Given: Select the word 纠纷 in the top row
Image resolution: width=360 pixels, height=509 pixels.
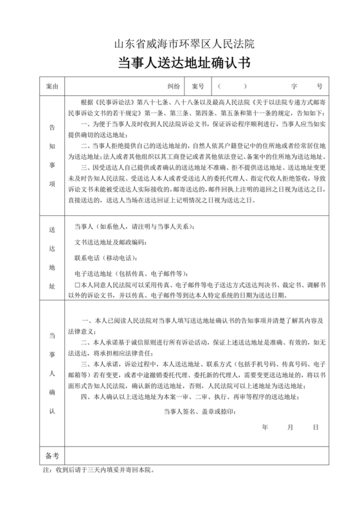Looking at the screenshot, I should (174, 85).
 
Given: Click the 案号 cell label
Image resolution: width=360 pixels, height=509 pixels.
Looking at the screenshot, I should (197, 85).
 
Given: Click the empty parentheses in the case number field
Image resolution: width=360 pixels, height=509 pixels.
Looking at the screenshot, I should (231, 85).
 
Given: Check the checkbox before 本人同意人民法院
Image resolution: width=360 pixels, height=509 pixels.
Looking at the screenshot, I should (77, 283).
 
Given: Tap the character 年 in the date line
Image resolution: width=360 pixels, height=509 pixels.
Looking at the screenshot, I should (265, 427).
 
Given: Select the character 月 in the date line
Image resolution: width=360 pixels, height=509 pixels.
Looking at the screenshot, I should (291, 427).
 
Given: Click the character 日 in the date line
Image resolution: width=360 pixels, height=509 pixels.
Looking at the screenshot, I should (316, 427).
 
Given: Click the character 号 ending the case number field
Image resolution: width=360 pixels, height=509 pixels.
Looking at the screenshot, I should (319, 85).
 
